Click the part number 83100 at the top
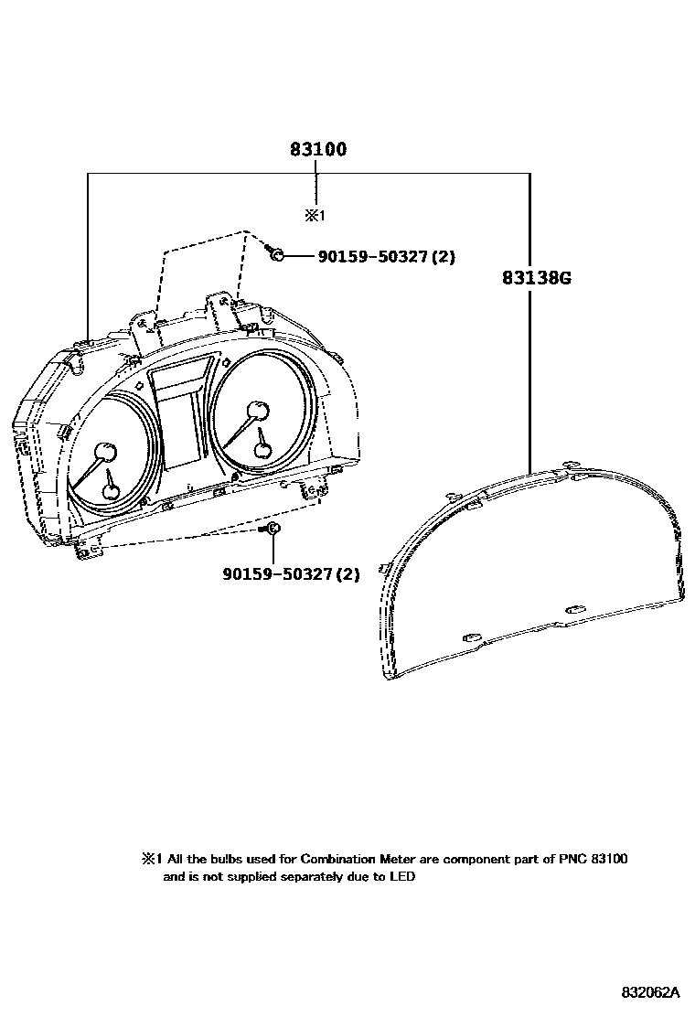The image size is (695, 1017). pos(318,149)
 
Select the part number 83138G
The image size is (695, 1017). pos(536,277)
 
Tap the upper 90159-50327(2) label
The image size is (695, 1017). pos(386,257)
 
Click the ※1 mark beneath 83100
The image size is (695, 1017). pos(315,217)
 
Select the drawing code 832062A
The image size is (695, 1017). pos(652,992)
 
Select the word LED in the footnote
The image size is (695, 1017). pos(402,877)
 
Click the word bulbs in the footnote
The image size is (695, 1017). pos(225,860)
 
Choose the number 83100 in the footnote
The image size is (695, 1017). pos(610,860)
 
